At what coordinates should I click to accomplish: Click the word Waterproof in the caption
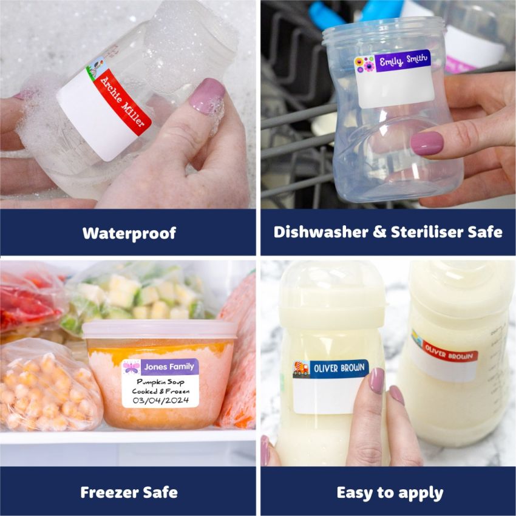[129, 233]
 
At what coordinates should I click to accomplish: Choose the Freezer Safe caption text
[129, 492]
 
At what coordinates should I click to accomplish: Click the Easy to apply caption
[389, 492]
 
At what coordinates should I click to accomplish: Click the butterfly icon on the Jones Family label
[132, 367]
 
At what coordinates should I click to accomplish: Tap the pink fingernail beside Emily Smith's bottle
[426, 144]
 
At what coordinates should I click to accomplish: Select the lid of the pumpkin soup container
[160, 330]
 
